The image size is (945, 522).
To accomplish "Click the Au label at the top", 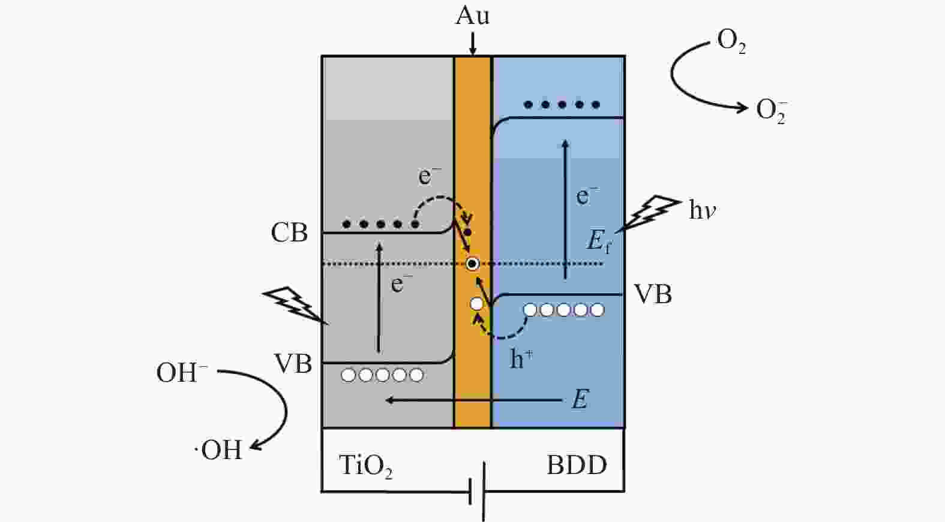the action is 473,16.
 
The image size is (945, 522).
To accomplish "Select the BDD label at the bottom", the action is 577,465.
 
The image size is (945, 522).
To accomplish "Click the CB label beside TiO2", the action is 289,233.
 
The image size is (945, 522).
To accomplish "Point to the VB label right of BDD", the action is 653,294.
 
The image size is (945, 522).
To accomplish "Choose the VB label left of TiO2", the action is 293,364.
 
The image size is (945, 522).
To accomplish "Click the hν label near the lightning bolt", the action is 703,209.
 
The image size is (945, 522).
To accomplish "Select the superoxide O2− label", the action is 772,111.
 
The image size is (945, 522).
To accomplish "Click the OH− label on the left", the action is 182,372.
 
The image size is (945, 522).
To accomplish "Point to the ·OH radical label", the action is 218,450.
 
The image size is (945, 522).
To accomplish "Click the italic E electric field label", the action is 580,399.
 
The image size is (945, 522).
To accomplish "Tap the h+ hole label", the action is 521,359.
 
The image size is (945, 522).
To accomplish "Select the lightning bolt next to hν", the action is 647,213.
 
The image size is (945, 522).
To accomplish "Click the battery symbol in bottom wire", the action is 477,491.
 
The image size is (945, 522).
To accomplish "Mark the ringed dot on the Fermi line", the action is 472,264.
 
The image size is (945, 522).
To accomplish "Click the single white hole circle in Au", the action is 477,304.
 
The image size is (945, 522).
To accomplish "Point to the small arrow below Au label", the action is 473,44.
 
